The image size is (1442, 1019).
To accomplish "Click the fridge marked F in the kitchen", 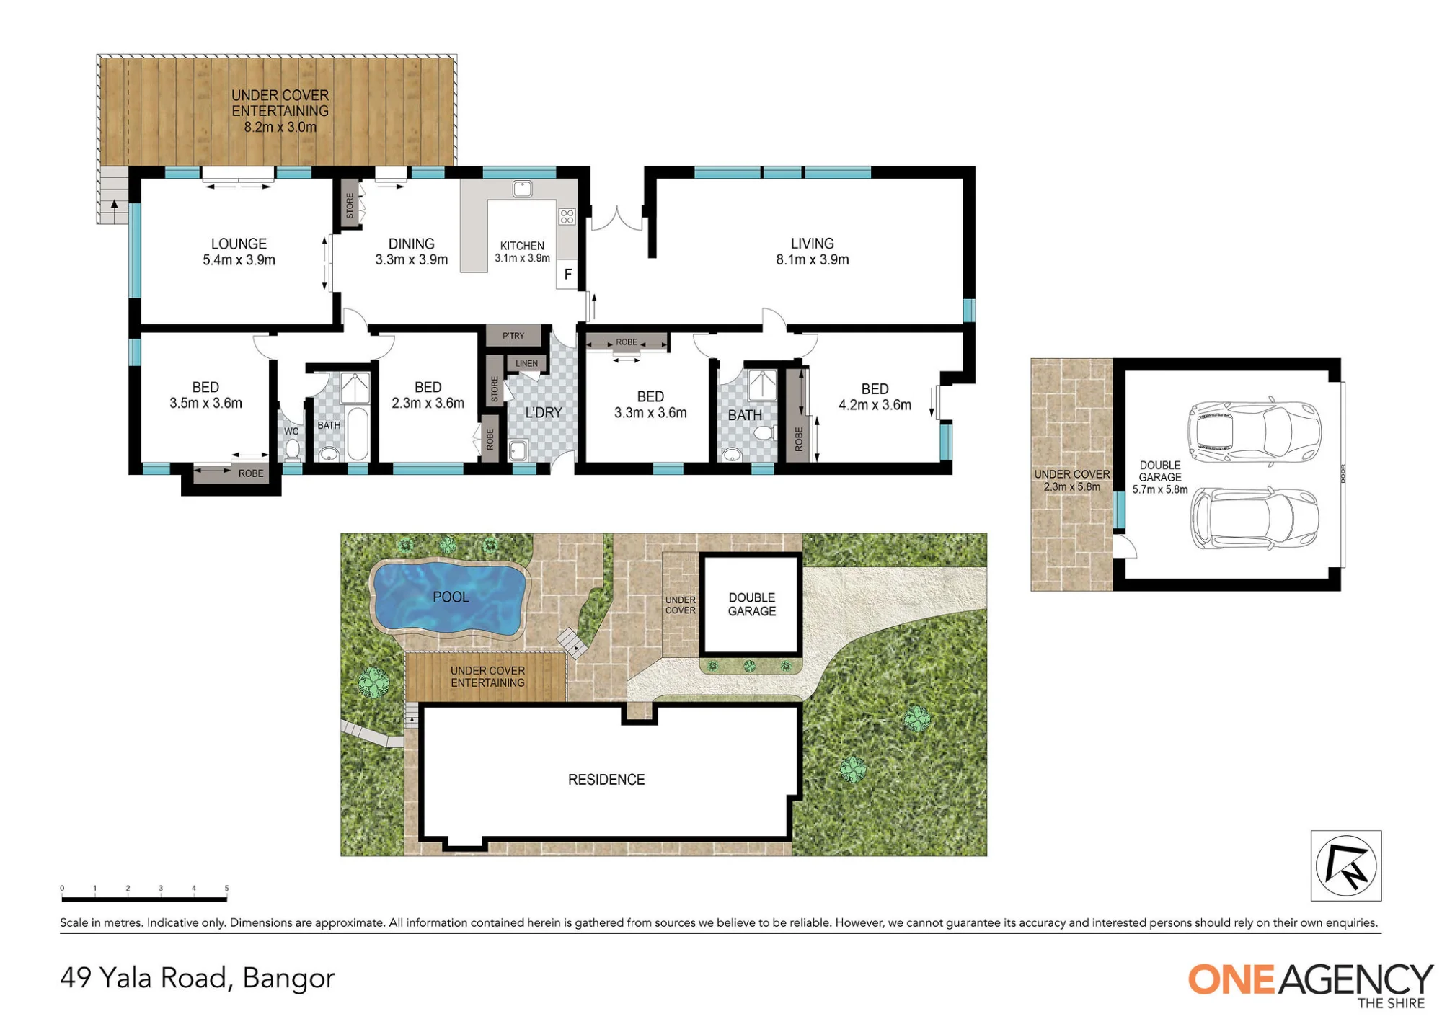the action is click(567, 275).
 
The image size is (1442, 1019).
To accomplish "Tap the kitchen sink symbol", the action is click(522, 190).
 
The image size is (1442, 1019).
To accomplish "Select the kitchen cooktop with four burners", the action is click(567, 216).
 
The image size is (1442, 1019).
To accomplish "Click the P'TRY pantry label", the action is click(513, 336).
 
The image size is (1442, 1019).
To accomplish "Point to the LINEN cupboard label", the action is click(526, 364).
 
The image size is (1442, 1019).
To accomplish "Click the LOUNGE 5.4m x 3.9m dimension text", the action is click(239, 260).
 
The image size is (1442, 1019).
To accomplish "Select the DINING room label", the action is click(412, 244).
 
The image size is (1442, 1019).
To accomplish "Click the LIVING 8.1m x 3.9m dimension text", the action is click(813, 260).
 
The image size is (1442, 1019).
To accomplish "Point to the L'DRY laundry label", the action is click(543, 413).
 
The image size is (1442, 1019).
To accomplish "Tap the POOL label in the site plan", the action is click(451, 597).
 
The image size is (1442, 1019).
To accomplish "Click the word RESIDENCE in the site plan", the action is click(606, 780).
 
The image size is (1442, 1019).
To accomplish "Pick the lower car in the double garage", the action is click(1254, 518).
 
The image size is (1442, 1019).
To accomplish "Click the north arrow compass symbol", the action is click(1346, 866).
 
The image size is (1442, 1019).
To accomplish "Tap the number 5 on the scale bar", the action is click(226, 889).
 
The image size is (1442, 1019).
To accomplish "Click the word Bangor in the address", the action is click(288, 978).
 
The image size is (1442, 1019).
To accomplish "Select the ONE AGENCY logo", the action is click(1310, 985).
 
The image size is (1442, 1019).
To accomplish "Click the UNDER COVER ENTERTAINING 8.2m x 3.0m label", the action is click(280, 112).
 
